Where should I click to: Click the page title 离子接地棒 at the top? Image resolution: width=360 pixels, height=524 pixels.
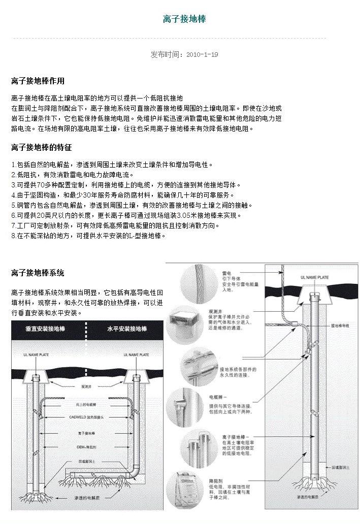(184, 19)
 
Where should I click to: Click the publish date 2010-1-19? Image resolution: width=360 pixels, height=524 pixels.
(202, 54)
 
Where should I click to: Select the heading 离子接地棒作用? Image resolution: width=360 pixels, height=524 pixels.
(38, 81)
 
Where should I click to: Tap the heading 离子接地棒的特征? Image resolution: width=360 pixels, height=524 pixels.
(41, 148)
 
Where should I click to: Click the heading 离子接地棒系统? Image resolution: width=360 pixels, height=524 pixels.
(38, 273)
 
